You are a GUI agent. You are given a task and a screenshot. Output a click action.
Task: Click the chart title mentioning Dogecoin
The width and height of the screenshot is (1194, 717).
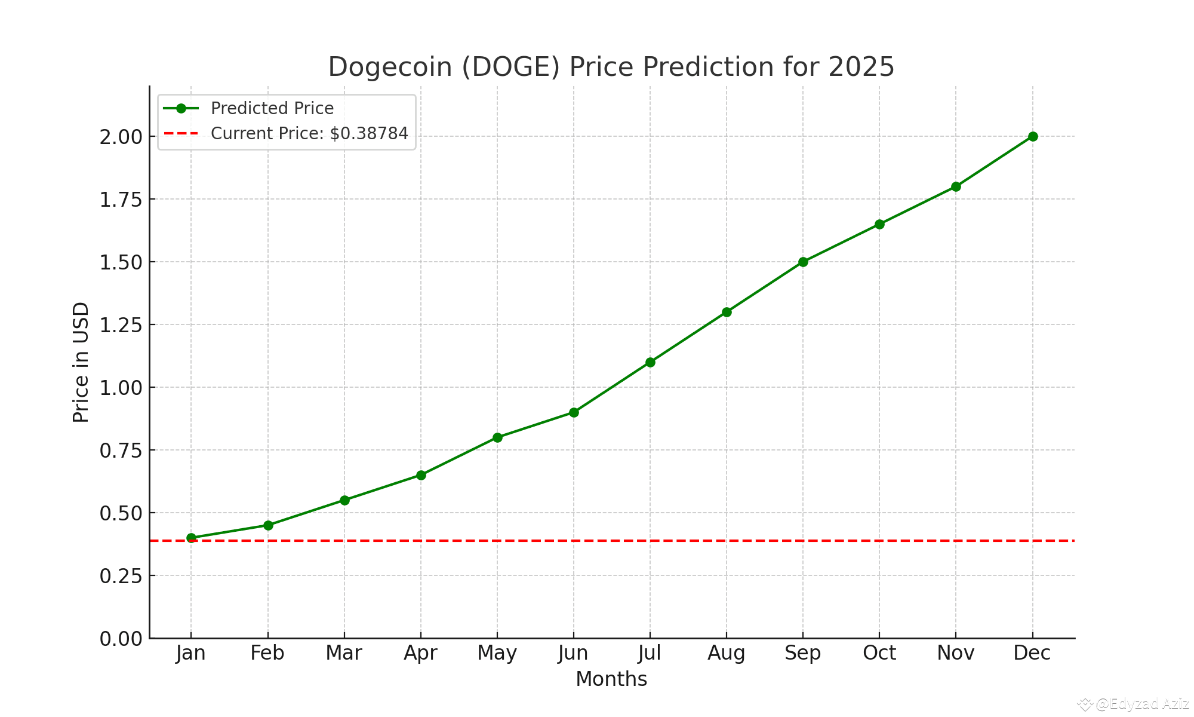pyautogui.click(x=611, y=67)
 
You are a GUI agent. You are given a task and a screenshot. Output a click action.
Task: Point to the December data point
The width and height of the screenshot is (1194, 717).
pyautogui.click(x=1033, y=136)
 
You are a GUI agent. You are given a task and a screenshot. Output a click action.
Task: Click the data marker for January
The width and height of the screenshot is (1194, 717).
pyautogui.click(x=191, y=538)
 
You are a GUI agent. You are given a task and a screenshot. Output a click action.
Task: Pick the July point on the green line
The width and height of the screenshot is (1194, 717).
pyautogui.click(x=650, y=362)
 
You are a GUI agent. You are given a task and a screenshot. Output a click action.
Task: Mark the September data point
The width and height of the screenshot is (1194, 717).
pyautogui.click(x=803, y=262)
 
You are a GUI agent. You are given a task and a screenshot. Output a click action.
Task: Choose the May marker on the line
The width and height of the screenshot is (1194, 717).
pyautogui.click(x=497, y=437)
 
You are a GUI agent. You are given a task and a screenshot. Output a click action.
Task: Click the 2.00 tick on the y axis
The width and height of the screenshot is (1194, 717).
pyautogui.click(x=121, y=137)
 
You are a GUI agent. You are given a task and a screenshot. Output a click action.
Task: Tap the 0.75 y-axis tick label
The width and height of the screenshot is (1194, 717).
pyautogui.click(x=121, y=451)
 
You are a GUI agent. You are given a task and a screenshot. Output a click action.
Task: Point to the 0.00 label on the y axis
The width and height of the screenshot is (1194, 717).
pyautogui.click(x=121, y=639)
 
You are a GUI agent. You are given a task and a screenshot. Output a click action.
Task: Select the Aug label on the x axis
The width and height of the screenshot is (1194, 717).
pyautogui.click(x=727, y=653)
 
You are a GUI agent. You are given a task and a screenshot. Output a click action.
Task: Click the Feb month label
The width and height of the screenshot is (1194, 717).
pyautogui.click(x=267, y=653)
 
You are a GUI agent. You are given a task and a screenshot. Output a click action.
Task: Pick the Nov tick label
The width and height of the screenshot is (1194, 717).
pyautogui.click(x=956, y=653)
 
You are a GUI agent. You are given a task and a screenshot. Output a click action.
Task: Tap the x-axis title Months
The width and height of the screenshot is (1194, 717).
pyautogui.click(x=611, y=679)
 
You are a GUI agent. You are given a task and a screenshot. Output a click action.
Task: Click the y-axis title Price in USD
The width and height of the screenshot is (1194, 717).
pyautogui.click(x=81, y=362)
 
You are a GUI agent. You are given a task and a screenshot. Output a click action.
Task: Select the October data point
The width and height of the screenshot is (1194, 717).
pyautogui.click(x=879, y=224)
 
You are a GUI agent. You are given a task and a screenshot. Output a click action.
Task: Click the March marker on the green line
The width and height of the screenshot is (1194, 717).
pyautogui.click(x=344, y=500)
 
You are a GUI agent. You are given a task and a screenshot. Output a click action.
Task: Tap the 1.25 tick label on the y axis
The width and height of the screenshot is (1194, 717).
pyautogui.click(x=121, y=325)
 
